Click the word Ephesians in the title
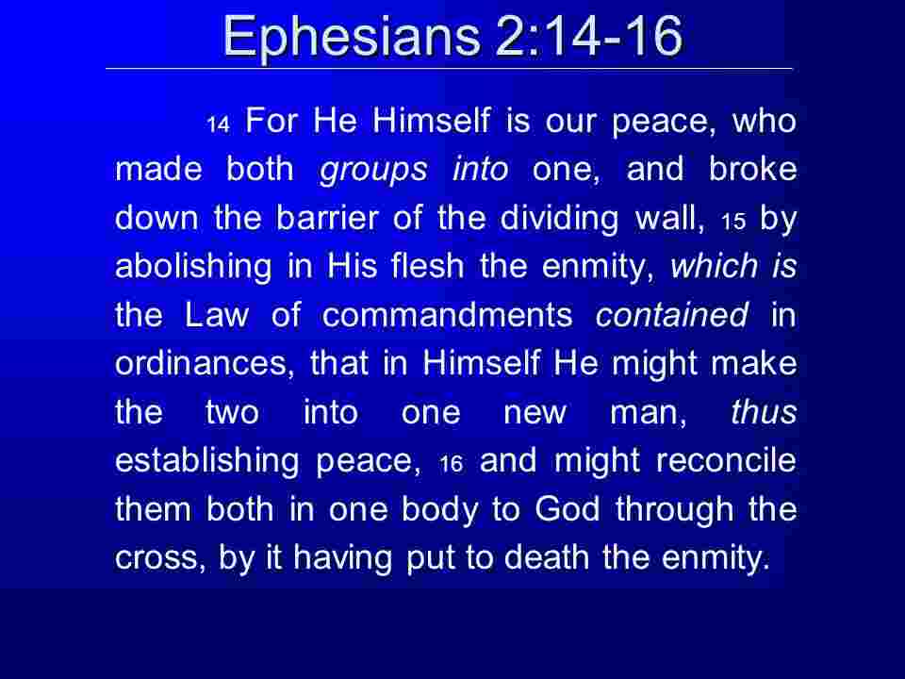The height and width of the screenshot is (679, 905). click(351, 38)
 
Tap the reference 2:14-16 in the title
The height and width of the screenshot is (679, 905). click(588, 36)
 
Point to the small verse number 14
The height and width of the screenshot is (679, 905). click(219, 124)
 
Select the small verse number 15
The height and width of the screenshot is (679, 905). click(733, 221)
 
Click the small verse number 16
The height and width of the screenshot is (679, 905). click(451, 464)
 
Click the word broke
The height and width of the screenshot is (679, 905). click(752, 169)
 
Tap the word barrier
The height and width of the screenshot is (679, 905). click(327, 218)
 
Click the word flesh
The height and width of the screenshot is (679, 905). click(428, 266)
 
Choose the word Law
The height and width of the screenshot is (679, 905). click(217, 315)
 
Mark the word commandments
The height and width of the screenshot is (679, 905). click(447, 315)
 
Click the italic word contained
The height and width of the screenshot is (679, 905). click(672, 315)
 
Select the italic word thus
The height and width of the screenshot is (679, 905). click(765, 412)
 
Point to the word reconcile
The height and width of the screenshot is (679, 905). click(726, 461)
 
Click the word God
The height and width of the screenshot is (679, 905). click(567, 509)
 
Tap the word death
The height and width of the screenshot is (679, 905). click(547, 557)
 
